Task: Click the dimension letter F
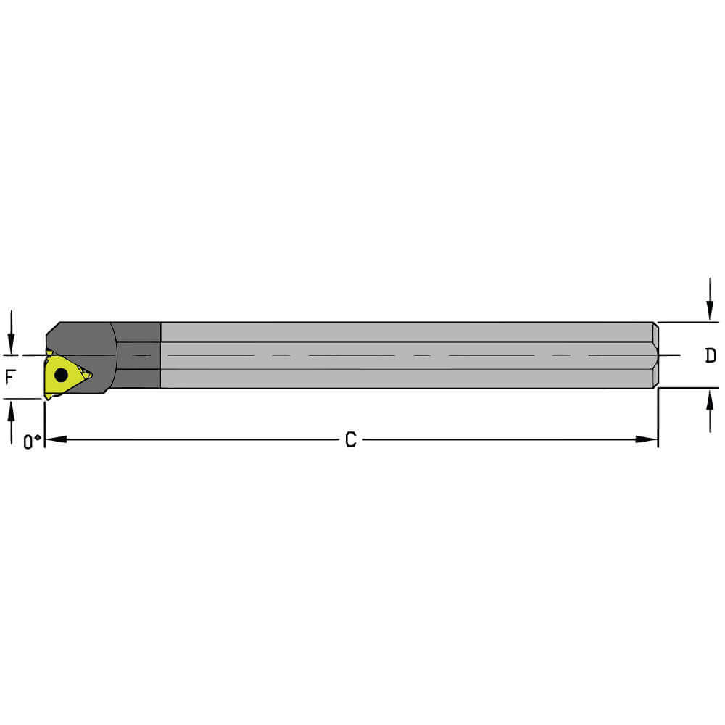point(9,376)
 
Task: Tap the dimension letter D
point(710,355)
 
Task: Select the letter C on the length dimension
point(350,440)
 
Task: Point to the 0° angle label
point(30,441)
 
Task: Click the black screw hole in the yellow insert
point(61,375)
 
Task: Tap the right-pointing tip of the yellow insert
point(89,375)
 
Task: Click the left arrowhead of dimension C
point(54,439)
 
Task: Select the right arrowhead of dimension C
point(647,439)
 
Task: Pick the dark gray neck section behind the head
point(138,355)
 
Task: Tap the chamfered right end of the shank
point(655,355)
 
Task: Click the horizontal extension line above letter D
point(689,323)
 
